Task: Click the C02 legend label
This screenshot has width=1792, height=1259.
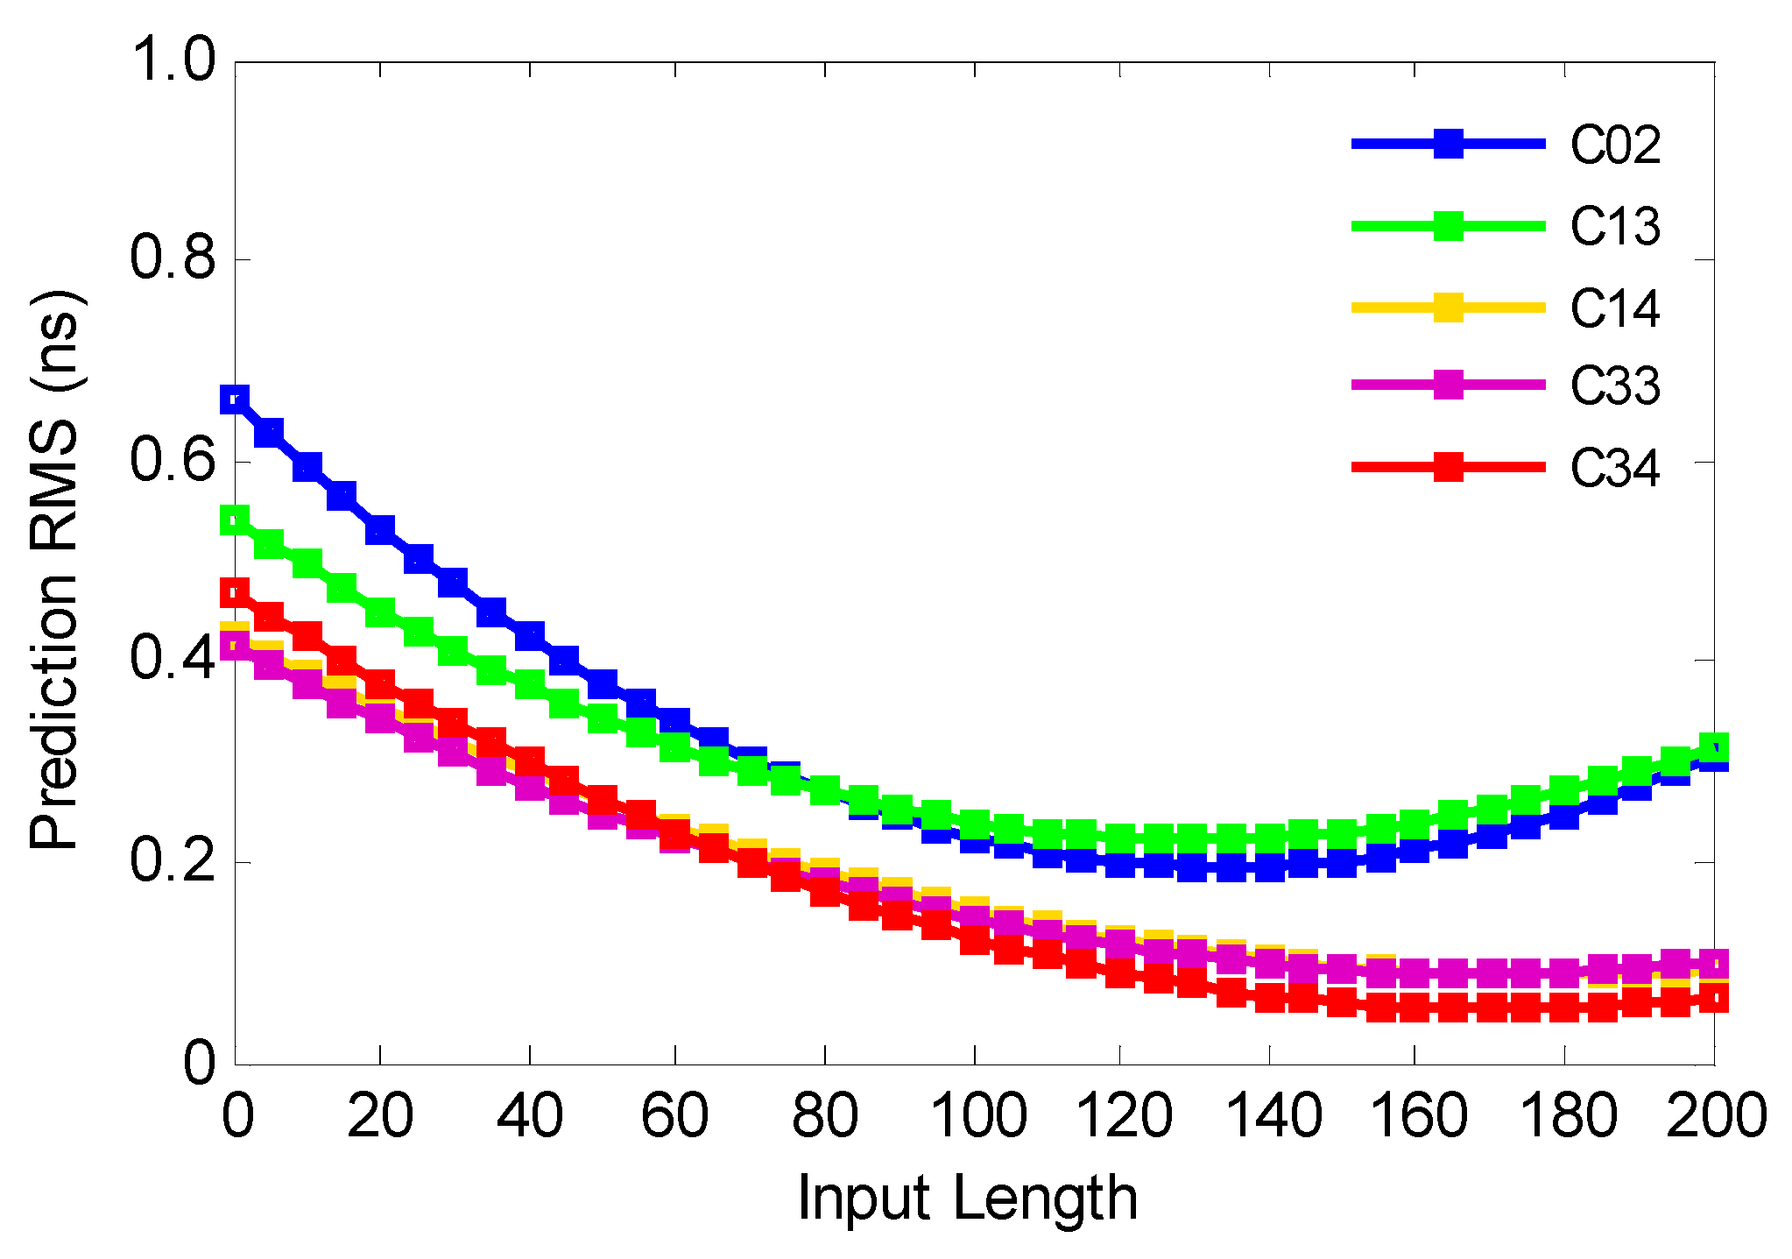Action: click(1614, 145)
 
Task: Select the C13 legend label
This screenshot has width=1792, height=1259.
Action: click(1614, 226)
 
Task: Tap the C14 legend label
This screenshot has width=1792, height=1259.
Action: click(1614, 308)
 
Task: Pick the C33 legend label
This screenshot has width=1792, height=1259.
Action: click(1614, 385)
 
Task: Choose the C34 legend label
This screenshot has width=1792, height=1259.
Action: click(1614, 468)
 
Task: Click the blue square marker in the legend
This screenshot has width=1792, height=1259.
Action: click(1449, 144)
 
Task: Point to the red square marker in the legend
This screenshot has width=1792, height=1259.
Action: click(1449, 466)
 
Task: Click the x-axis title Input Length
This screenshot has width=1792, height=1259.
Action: click(967, 1199)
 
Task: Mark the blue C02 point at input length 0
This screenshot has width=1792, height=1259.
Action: click(234, 400)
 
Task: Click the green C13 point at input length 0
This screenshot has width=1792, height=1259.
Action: click(234, 520)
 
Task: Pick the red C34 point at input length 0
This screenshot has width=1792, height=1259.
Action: click(234, 593)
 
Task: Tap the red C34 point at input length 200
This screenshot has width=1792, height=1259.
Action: click(1713, 999)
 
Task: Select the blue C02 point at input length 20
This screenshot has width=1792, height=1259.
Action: click(379, 529)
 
